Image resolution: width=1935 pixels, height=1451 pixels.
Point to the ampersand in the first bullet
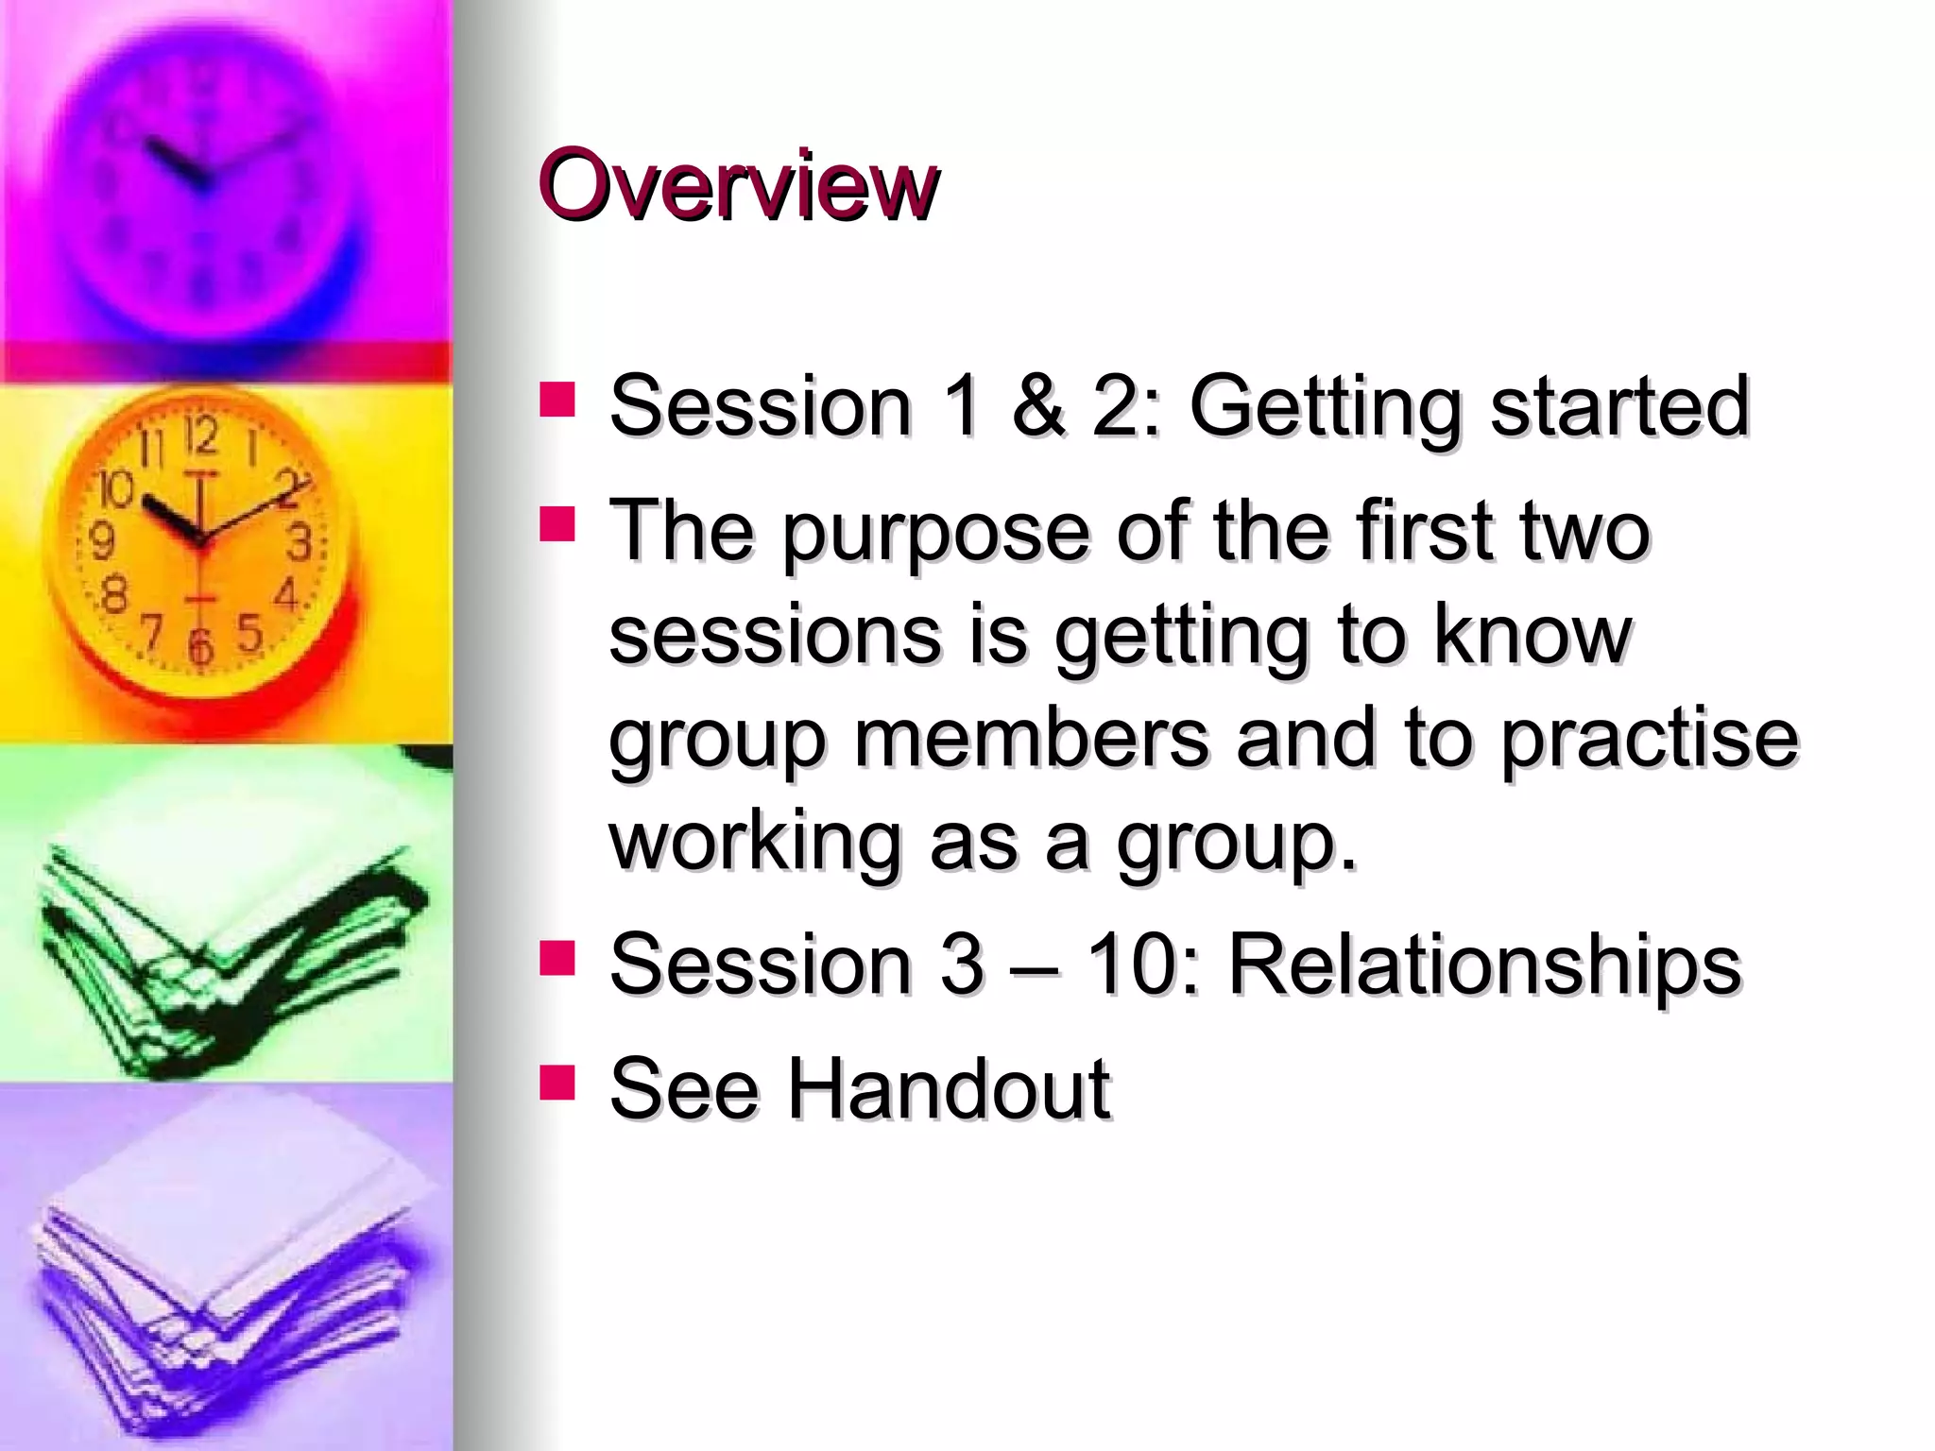[1038, 406]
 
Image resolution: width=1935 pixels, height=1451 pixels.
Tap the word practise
[1650, 739]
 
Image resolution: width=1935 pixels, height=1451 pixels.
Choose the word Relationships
[1483, 965]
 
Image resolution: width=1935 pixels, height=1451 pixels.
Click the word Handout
[949, 1089]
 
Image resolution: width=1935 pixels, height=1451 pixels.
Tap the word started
[1619, 406]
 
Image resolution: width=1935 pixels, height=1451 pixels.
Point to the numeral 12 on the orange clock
[200, 435]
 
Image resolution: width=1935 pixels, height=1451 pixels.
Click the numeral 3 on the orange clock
[299, 542]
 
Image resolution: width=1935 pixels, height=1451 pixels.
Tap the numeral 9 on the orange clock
[102, 541]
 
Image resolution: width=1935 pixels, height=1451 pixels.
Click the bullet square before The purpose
[557, 523]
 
